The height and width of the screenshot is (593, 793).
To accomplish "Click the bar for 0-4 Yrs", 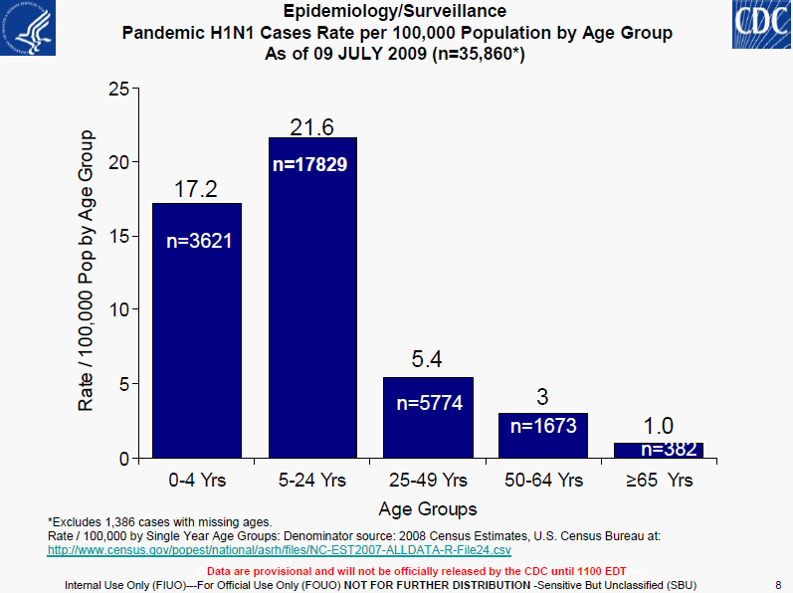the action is click(x=197, y=330).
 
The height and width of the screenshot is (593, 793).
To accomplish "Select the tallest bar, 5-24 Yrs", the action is click(x=312, y=297).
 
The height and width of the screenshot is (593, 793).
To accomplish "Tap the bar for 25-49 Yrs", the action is click(x=429, y=418).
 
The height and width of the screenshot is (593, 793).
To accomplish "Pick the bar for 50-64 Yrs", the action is click(x=543, y=436).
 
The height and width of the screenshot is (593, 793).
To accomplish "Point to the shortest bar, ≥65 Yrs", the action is click(x=659, y=451).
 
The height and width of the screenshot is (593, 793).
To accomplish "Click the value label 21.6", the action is click(x=311, y=127).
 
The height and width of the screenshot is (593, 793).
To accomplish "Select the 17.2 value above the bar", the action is click(x=196, y=189).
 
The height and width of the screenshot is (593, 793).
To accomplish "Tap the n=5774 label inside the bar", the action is click(x=430, y=403).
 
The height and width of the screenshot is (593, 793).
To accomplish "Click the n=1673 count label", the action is click(x=543, y=426).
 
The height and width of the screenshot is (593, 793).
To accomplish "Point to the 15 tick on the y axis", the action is click(x=119, y=236).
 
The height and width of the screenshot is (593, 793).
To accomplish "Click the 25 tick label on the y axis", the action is click(x=119, y=89).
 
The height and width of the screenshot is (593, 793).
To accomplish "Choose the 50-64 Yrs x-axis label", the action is click(x=543, y=480).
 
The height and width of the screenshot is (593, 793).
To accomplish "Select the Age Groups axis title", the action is click(x=428, y=508).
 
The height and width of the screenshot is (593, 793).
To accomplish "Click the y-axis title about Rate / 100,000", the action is click(x=86, y=271).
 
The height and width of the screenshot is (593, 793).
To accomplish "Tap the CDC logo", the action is click(x=762, y=24).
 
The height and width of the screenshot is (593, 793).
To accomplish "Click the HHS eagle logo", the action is click(x=28, y=27).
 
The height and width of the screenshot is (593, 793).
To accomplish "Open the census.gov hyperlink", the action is click(x=280, y=550).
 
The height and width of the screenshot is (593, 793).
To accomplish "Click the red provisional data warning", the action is click(x=416, y=571).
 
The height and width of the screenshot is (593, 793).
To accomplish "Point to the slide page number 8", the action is click(x=778, y=585).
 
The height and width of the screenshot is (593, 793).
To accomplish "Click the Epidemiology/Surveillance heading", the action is click(x=395, y=11).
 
